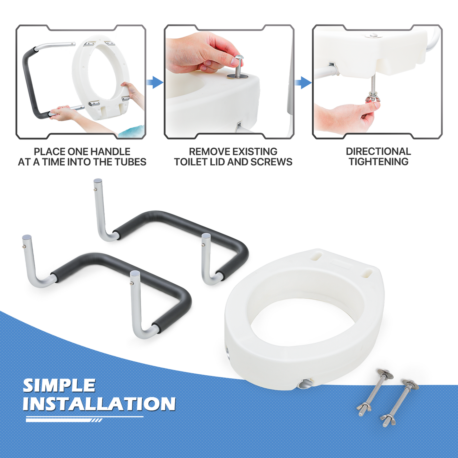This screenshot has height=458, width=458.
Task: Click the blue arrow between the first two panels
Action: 155,82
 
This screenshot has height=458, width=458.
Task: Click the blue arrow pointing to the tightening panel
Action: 303,82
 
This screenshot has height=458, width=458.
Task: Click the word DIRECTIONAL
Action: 378,152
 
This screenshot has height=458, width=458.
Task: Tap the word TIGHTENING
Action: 378,162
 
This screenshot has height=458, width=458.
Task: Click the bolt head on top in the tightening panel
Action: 373,35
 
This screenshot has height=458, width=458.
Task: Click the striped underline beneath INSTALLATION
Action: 84,419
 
